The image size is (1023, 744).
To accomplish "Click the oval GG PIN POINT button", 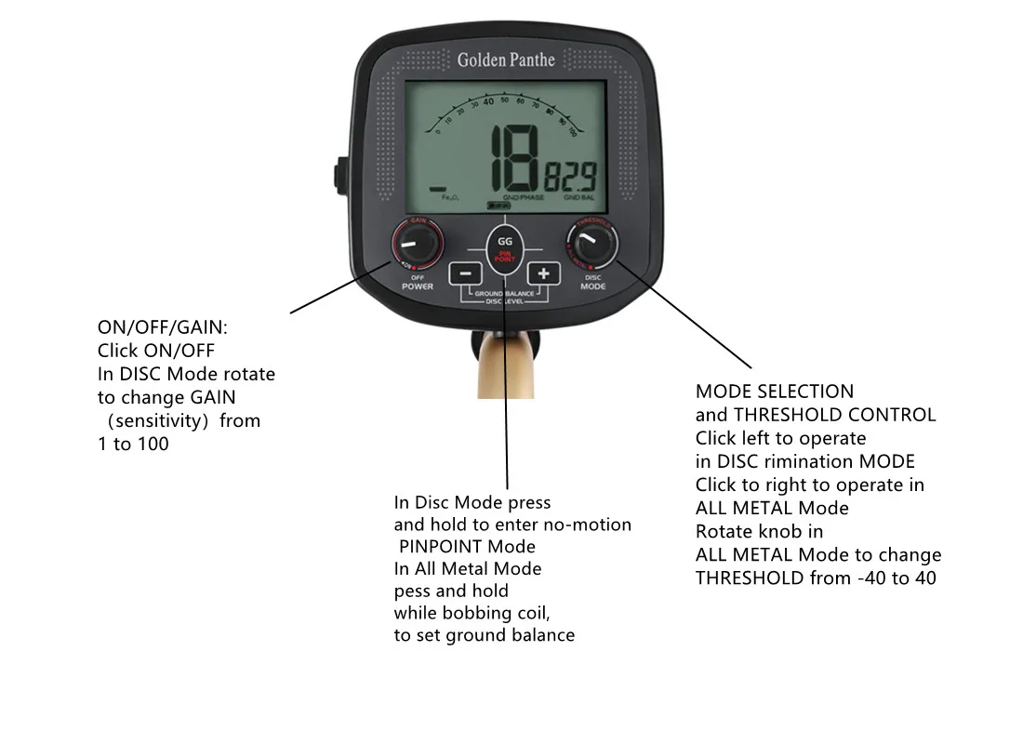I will tap(504, 247).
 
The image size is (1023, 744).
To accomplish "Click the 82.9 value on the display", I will tap(570, 177).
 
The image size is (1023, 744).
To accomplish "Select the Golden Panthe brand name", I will tap(506, 60).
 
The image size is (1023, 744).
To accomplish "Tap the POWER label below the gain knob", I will tap(418, 286).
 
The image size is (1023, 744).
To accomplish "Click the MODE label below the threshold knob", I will tap(592, 286).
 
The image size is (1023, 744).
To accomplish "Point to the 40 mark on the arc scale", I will tap(488, 102).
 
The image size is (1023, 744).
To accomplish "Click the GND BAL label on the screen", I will tap(578, 198).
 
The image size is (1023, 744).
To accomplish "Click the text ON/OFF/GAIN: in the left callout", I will tap(163, 327).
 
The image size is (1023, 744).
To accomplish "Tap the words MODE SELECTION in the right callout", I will tap(775, 392).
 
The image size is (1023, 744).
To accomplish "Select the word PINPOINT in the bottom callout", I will tap(468, 546).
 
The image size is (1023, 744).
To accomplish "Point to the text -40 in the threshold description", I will tap(870, 578).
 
